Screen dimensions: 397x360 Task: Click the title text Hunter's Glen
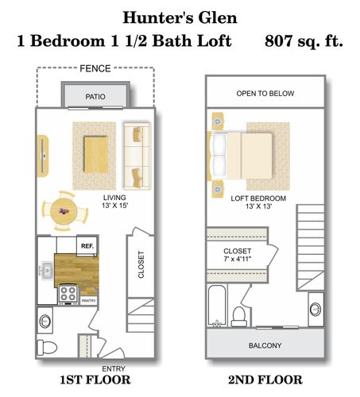[x=180, y=17]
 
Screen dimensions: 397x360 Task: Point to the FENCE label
[x=95, y=69]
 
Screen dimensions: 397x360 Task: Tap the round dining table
[x=62, y=211]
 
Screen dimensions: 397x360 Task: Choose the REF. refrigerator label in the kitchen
[x=86, y=247]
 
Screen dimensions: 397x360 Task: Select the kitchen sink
[x=47, y=270]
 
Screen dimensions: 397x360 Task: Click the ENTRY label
[x=113, y=368]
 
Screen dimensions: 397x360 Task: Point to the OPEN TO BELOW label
[x=265, y=94]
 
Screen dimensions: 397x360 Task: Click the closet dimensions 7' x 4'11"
[x=237, y=258]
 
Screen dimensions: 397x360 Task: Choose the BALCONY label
[x=265, y=345]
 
